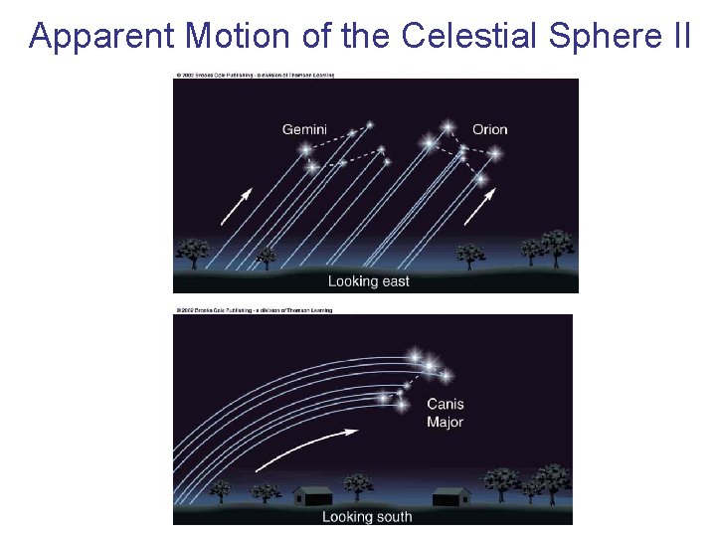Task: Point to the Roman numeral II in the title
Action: [677, 36]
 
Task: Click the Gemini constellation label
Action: [304, 129]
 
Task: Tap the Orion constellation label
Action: [489, 129]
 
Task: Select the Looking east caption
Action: [368, 281]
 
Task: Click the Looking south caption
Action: [367, 516]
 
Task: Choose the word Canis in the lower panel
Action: [445, 405]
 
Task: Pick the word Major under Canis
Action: [445, 422]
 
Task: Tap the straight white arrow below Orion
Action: [478, 208]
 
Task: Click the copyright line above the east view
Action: [255, 75]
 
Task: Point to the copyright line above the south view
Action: [255, 310]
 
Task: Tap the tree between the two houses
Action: [359, 487]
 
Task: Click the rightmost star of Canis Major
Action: [445, 376]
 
